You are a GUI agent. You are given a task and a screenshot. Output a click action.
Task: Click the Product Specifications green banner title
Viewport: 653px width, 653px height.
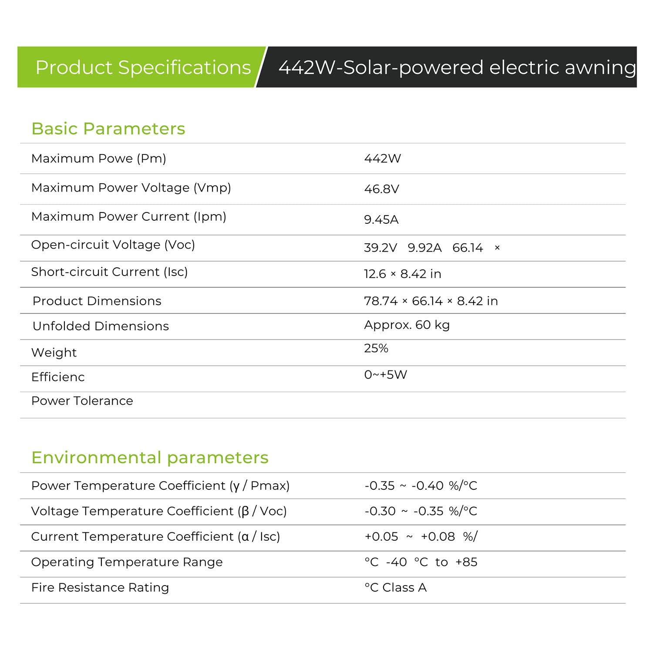[143, 67]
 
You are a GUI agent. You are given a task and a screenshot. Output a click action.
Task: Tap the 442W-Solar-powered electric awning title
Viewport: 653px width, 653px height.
[457, 67]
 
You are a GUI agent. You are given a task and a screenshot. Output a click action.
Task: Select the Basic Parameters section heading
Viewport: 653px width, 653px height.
[108, 129]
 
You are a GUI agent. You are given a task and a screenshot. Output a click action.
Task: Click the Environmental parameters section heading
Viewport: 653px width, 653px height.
[150, 458]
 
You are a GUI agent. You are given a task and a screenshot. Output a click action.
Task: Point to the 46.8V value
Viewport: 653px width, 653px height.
[381, 189]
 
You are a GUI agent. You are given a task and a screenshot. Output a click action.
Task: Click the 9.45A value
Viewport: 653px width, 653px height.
[381, 219]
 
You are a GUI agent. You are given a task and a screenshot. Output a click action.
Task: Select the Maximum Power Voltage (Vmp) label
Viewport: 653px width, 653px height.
[131, 188]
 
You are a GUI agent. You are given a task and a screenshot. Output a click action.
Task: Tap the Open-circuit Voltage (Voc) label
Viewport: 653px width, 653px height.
[113, 245]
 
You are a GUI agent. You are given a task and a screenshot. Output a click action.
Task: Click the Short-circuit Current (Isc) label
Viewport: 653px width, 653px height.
[109, 272]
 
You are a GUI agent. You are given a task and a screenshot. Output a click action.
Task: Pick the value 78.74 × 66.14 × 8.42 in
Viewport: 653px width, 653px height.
[431, 301]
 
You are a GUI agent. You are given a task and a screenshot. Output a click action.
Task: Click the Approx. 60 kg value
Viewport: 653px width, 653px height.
[407, 325]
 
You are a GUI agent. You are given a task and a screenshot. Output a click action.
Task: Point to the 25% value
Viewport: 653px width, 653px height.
[376, 348]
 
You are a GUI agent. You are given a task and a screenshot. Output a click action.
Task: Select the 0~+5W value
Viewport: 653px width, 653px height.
[385, 375]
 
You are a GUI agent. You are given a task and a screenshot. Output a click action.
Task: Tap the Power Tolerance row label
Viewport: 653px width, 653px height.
[82, 401]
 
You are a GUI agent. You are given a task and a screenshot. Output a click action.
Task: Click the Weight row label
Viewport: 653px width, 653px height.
[54, 352]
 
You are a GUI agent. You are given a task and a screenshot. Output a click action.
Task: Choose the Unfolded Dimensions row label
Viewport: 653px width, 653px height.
[101, 326]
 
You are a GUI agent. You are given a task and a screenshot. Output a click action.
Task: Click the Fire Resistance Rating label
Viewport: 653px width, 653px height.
[100, 587]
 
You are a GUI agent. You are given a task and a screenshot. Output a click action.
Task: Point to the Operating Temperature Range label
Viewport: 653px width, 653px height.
[127, 562]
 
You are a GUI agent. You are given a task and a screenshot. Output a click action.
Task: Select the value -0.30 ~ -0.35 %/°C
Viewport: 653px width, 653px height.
[421, 511]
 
